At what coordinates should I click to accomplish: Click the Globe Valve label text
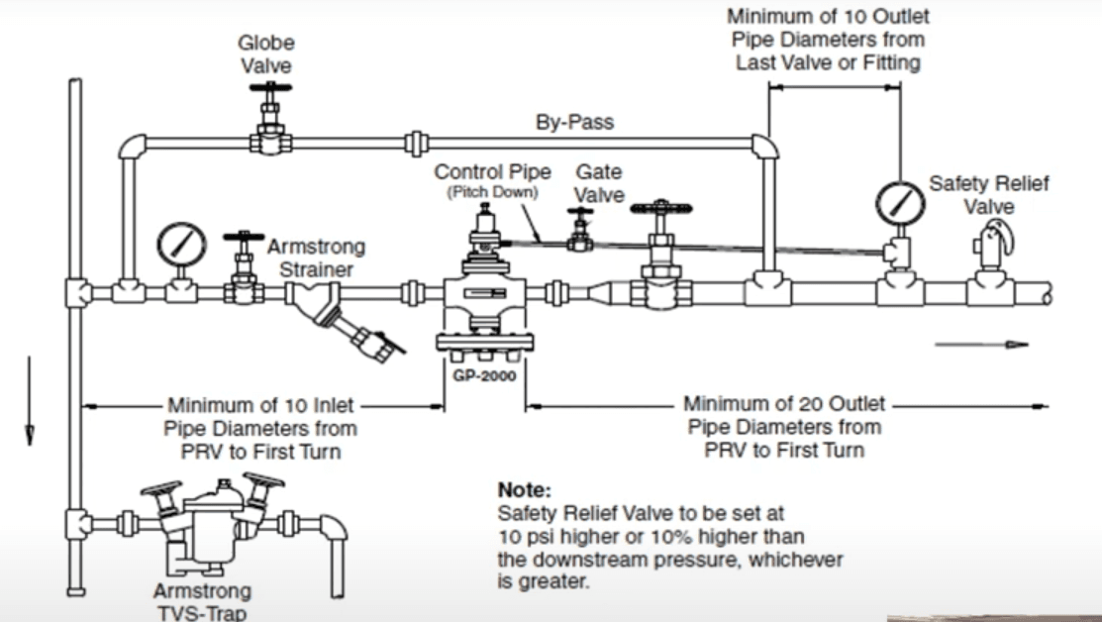[266, 53]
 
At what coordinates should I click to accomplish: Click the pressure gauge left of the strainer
[182, 244]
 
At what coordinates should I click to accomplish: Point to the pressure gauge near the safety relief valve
[900, 203]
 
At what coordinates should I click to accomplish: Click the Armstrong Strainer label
[315, 257]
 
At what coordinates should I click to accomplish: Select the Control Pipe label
[493, 172]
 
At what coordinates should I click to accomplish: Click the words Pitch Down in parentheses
[493, 192]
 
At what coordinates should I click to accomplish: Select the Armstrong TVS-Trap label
[202, 600]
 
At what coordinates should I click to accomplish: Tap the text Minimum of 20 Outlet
[784, 405]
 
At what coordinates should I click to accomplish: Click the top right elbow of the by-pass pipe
[763, 148]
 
